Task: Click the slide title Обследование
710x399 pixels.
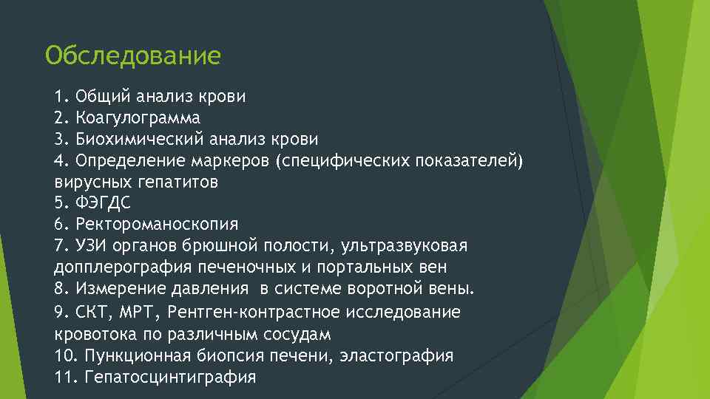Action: coord(132,56)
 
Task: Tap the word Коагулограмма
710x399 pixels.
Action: coord(138,117)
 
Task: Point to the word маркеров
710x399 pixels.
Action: coord(234,160)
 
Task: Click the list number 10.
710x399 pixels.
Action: coord(65,355)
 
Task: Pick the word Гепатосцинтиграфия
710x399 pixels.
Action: coord(170,377)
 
